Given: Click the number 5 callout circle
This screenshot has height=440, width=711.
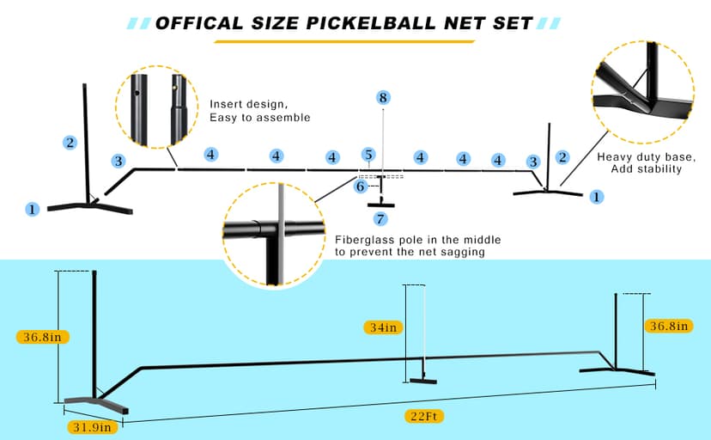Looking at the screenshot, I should pyautogui.click(x=368, y=155).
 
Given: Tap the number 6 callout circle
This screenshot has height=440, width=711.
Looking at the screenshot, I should pyautogui.click(x=361, y=186).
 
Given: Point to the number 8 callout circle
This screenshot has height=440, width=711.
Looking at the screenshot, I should pyautogui.click(x=383, y=98).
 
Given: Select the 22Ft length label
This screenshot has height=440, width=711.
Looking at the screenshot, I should pyautogui.click(x=426, y=417).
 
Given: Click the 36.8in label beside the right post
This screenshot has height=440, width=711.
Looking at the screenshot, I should pyautogui.click(x=669, y=326).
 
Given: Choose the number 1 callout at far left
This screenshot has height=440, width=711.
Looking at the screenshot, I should pyautogui.click(x=33, y=209).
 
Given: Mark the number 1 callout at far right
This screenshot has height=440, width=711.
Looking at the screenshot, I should pyautogui.click(x=597, y=197).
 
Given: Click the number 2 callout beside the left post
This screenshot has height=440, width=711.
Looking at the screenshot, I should pyautogui.click(x=70, y=142).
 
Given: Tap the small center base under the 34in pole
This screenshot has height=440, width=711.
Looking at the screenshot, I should pyautogui.click(x=423, y=382).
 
